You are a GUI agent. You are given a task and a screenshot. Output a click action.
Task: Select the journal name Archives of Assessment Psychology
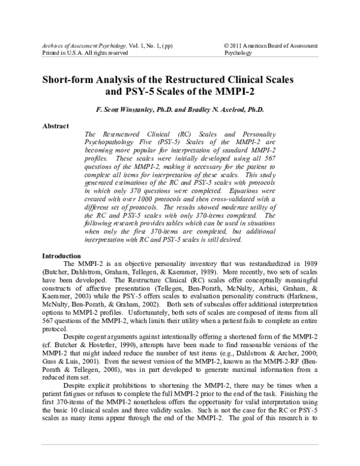click(x=83, y=46)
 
